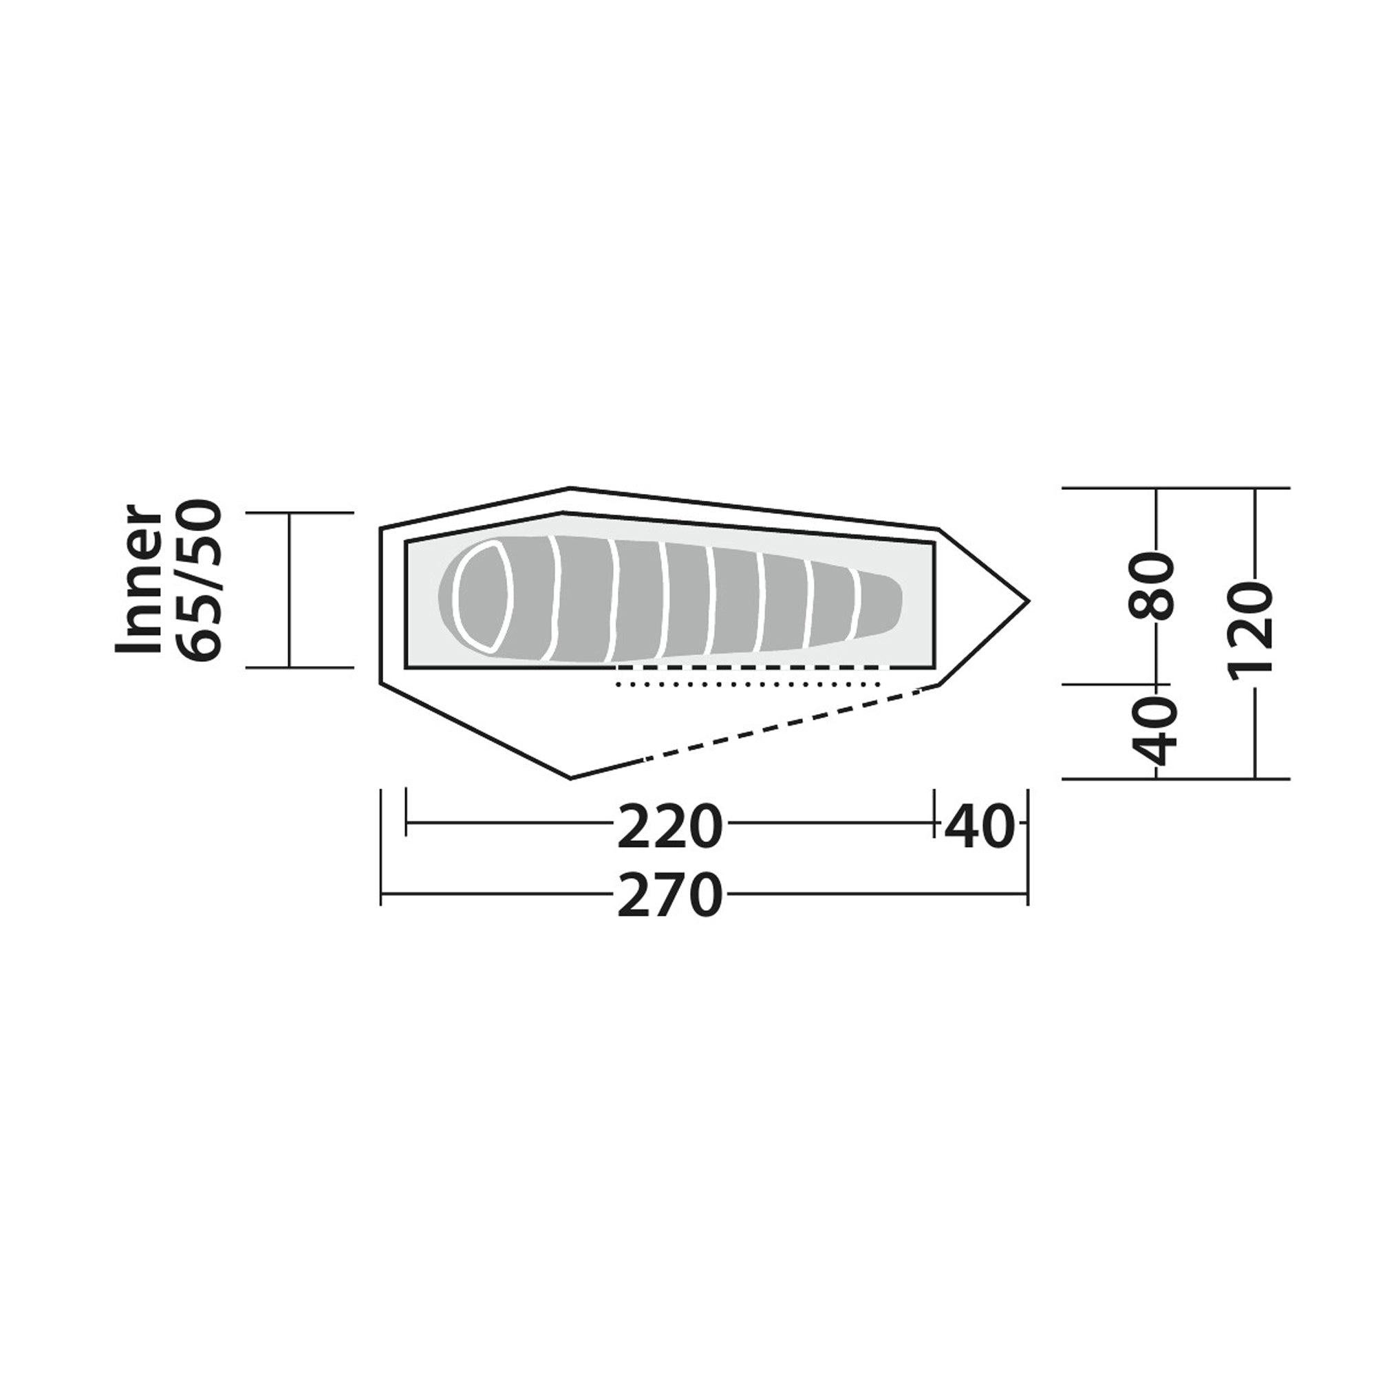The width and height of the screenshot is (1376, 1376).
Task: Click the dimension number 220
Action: [670, 827]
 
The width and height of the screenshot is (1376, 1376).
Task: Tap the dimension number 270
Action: [670, 895]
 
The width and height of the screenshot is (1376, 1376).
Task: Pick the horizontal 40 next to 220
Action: [980, 827]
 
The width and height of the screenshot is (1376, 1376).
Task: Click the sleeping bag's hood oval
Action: [483, 595]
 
